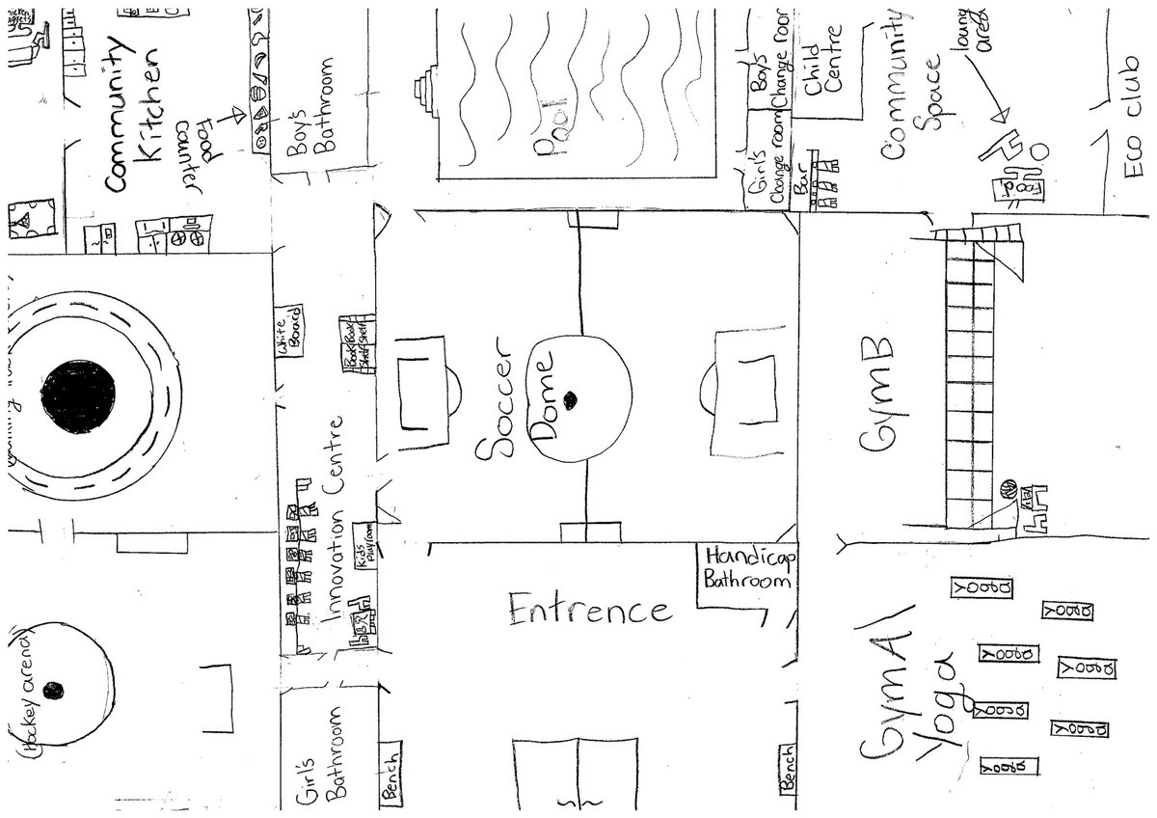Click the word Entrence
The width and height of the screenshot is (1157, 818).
coord(589,610)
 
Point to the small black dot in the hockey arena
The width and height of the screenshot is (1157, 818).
coord(55,688)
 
